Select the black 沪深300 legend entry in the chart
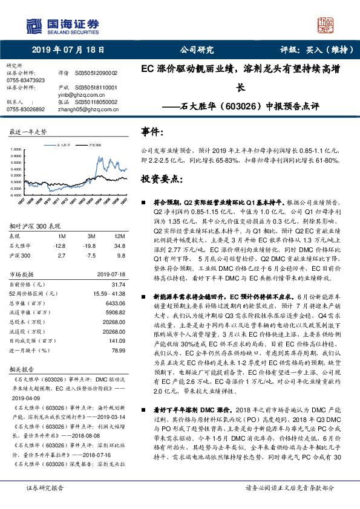click(x=93, y=146)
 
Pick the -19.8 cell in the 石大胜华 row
click(x=91, y=246)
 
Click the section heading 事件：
click(x=151, y=131)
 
